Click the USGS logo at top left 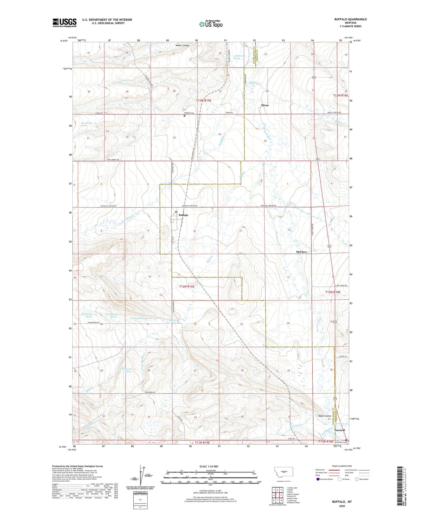[x=64, y=23]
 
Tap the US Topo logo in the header [x=211, y=24]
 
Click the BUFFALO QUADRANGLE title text [x=350, y=19]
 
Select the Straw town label [x=265, y=105]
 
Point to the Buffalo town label [x=183, y=215]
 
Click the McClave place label [x=301, y=252]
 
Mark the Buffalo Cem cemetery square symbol [x=185, y=116]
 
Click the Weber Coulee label [x=182, y=45]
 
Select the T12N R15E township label [x=187, y=286]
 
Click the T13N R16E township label [x=341, y=95]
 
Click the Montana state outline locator [x=283, y=472]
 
